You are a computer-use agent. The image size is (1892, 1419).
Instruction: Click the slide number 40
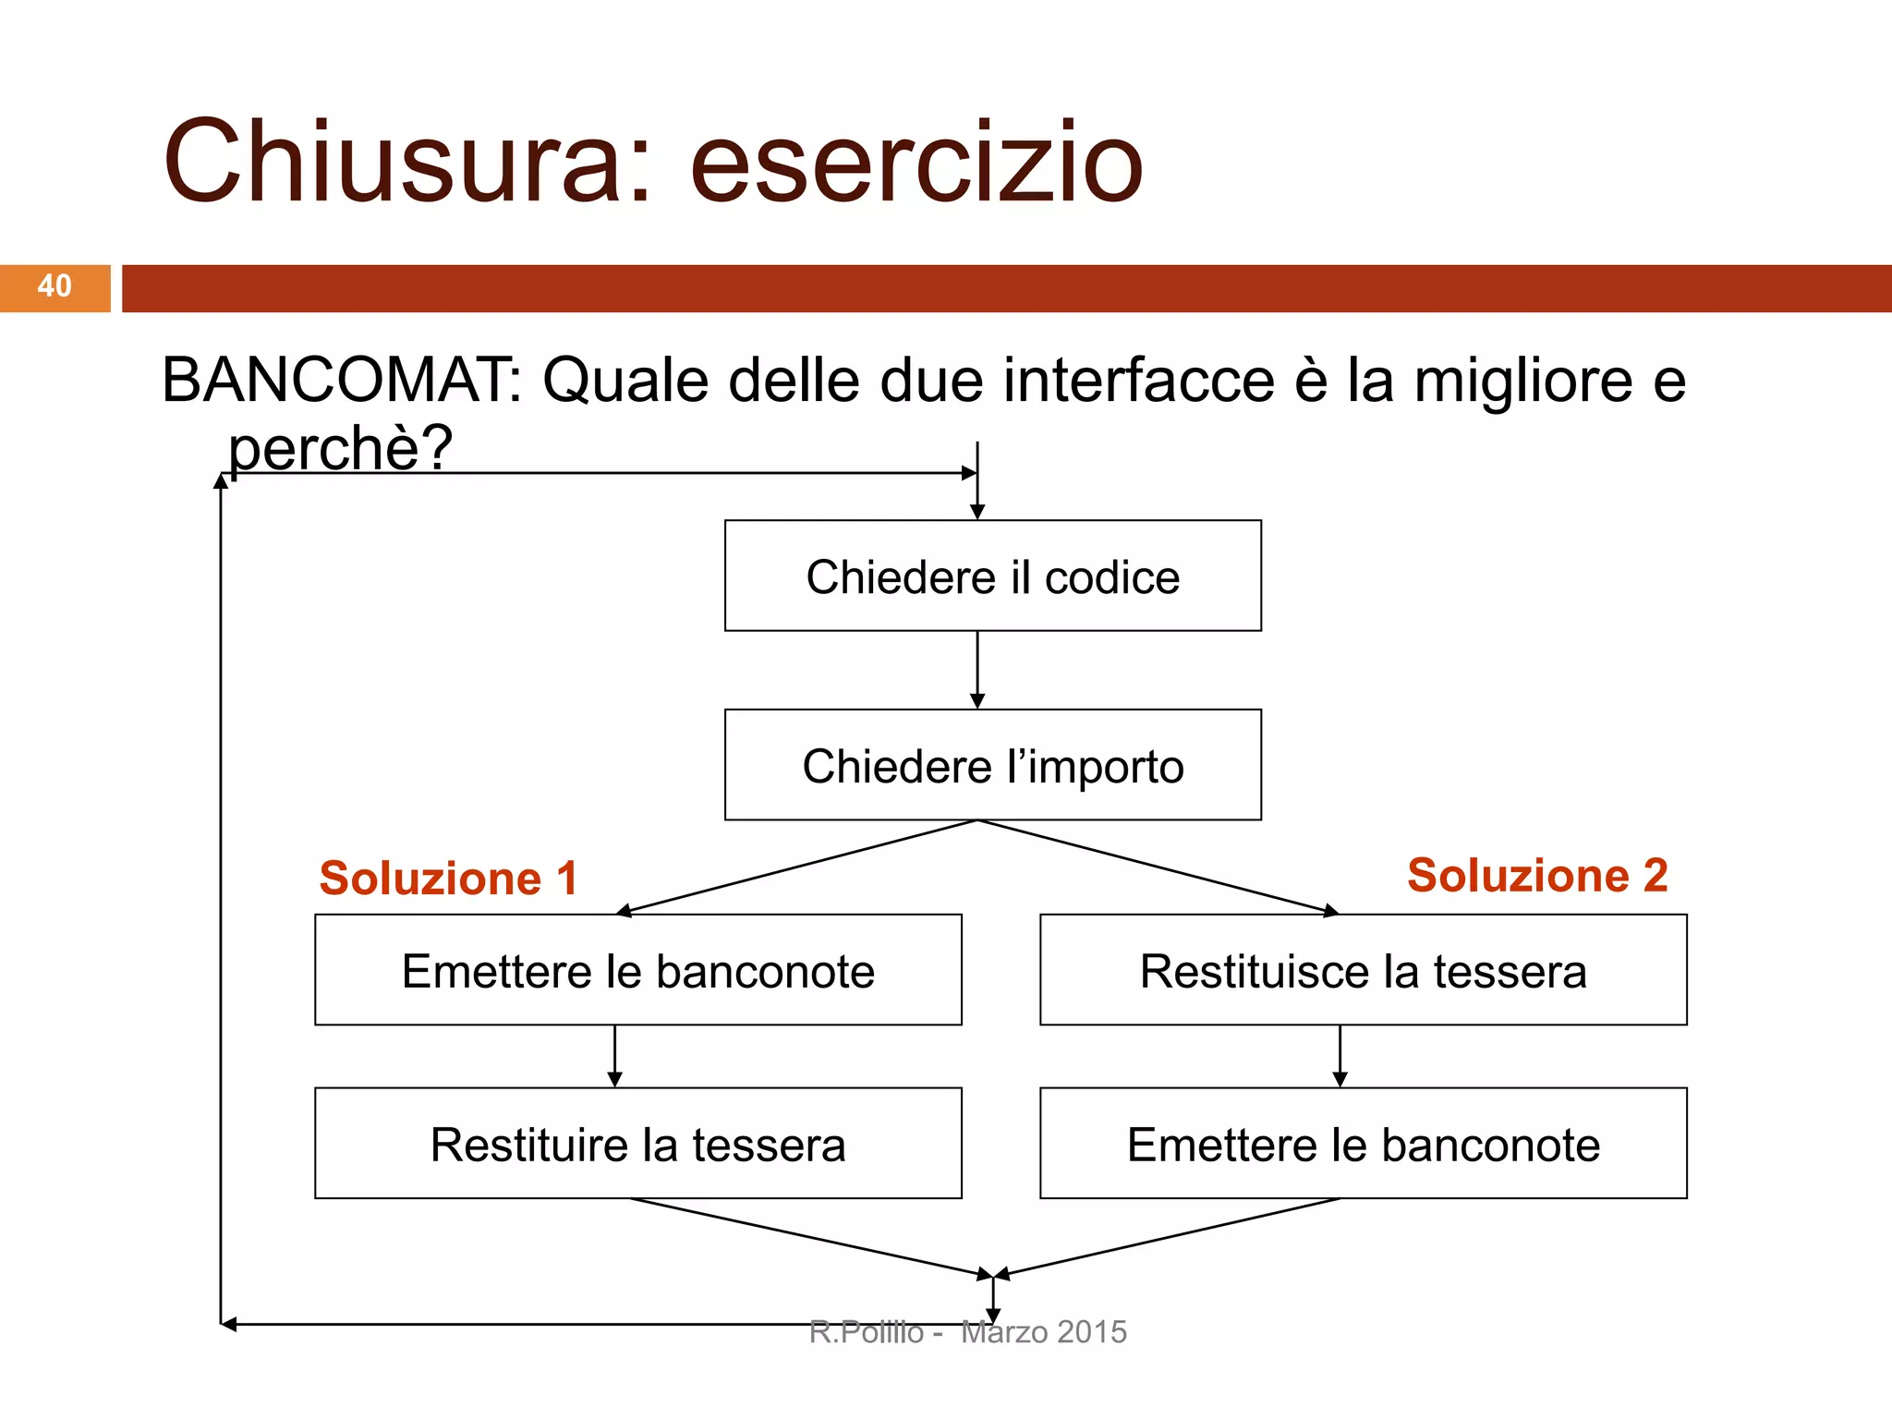pyautogui.click(x=55, y=286)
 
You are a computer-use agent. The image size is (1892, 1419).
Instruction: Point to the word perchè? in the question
pyautogui.click(x=340, y=449)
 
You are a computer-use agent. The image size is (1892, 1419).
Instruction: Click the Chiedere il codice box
pyautogui.click(x=992, y=576)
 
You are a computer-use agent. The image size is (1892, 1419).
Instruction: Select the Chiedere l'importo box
pyautogui.click(x=992, y=766)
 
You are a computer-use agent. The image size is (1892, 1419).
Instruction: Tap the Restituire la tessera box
pyautogui.click(x=637, y=1144)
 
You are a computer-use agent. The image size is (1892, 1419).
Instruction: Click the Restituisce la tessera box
pyautogui.click(x=1363, y=971)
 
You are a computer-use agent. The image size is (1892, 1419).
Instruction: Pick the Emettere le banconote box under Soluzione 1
pyautogui.click(x=637, y=971)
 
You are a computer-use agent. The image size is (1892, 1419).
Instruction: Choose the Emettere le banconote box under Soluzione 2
pyautogui.click(x=1363, y=1144)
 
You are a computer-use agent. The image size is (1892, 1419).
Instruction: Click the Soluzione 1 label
pyautogui.click(x=448, y=878)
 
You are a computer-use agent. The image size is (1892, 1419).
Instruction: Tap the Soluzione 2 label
pyautogui.click(x=1537, y=875)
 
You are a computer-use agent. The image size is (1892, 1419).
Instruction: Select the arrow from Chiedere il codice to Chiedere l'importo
pyautogui.click(x=977, y=671)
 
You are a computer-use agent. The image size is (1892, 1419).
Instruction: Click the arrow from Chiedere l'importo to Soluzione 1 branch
pyautogui.click(x=796, y=867)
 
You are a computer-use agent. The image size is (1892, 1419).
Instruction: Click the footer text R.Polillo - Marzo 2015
pyautogui.click(x=967, y=1332)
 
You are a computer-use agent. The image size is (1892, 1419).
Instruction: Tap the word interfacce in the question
pyautogui.click(x=1138, y=381)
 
